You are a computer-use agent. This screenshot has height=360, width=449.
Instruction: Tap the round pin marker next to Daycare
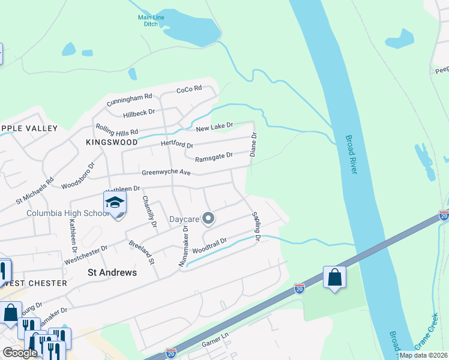pyautogui.click(x=208, y=218)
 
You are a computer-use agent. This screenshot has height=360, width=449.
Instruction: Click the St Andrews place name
pyautogui.click(x=112, y=272)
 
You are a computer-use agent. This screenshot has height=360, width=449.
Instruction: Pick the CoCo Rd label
pyautogui.click(x=189, y=91)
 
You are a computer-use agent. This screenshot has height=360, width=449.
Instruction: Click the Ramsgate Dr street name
pyautogui.click(x=213, y=157)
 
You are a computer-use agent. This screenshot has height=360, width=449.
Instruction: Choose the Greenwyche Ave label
pyautogui.click(x=166, y=173)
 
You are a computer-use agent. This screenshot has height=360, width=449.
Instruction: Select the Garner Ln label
pyautogui.click(x=215, y=340)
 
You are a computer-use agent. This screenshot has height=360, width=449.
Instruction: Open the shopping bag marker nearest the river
pyautogui.click(x=334, y=277)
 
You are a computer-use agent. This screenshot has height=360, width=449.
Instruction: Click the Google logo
pyautogui.click(x=20, y=353)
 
